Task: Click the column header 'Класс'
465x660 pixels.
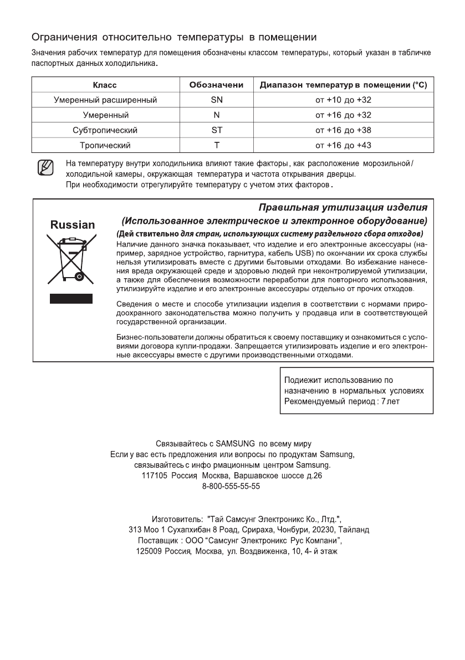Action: (x=104, y=85)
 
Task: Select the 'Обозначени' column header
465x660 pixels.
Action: (x=217, y=85)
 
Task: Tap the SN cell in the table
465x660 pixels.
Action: (x=217, y=100)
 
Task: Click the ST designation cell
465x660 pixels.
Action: (x=217, y=130)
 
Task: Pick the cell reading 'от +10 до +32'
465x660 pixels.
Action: (x=343, y=100)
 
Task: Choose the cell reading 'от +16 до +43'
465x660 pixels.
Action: (x=343, y=145)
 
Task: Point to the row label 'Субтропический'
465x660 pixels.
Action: (x=104, y=130)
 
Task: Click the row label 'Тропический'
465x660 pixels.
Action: (x=104, y=145)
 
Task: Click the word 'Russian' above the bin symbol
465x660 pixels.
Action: (x=72, y=225)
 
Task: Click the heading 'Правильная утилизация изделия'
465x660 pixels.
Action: (x=343, y=207)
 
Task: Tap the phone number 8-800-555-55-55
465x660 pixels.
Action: (x=232, y=485)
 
